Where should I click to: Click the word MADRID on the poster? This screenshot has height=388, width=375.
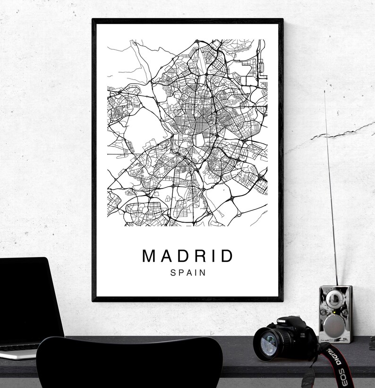(x=187, y=256)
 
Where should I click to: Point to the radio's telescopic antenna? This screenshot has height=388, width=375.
(x=330, y=189)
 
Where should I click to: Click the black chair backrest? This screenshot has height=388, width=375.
(x=128, y=364)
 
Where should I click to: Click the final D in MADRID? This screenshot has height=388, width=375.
(x=228, y=256)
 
